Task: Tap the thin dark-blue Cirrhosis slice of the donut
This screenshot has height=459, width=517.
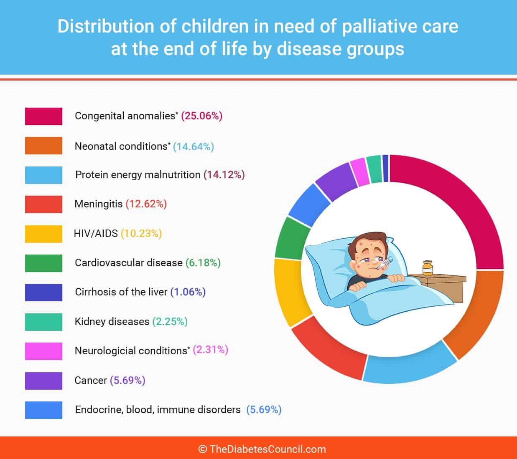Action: (x=386, y=169)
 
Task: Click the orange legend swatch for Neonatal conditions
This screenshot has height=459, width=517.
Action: (x=43, y=146)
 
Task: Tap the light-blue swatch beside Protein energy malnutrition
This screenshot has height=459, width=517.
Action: (x=43, y=175)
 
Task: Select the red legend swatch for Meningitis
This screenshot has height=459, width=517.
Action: (x=43, y=204)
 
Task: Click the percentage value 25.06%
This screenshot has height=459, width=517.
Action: (x=202, y=116)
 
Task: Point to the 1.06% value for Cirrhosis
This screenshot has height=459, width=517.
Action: (x=188, y=292)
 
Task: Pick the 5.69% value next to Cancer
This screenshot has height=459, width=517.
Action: (x=127, y=381)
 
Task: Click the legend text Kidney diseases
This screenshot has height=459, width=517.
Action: (x=112, y=322)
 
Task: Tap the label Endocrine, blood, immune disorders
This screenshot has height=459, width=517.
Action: (x=158, y=410)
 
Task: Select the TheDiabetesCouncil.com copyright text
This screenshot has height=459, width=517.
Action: (x=262, y=449)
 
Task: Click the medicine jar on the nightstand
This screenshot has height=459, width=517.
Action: (x=428, y=268)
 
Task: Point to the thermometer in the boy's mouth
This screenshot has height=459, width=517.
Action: (x=384, y=264)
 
